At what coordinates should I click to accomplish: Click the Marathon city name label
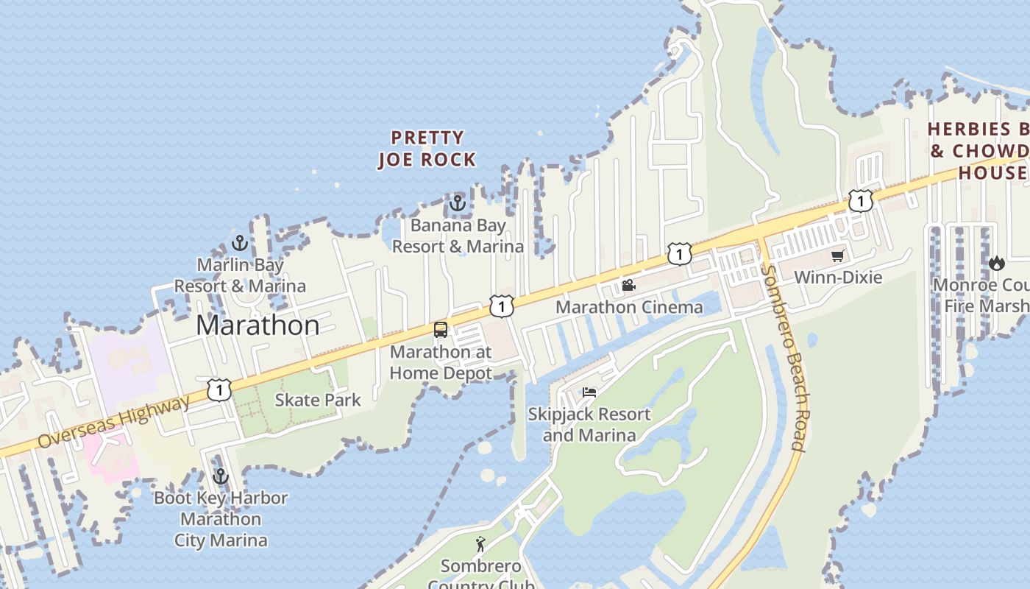tap(257, 325)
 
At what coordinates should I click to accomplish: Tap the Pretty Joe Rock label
tap(427, 149)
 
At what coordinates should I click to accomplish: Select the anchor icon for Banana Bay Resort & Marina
tap(458, 202)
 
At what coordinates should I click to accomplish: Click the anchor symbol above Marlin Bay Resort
tap(239, 242)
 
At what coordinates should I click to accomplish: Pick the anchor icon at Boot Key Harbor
tap(220, 476)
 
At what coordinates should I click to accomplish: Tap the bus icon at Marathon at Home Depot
tap(441, 330)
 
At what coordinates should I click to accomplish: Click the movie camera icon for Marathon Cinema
tap(628, 285)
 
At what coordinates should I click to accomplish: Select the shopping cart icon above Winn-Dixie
tap(837, 256)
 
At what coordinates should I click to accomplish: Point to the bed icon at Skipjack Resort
tap(589, 392)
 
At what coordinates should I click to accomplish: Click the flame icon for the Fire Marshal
tap(996, 263)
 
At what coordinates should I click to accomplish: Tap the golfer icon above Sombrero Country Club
tap(480, 544)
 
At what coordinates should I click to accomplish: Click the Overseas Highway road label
tap(113, 422)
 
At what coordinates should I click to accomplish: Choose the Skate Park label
tap(318, 400)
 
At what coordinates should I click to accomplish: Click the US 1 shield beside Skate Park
tap(219, 389)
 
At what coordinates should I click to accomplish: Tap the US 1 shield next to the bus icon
tap(501, 306)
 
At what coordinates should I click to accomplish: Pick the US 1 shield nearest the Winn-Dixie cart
tap(860, 200)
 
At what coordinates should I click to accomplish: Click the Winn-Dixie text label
tap(838, 278)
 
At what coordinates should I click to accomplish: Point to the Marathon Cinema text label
tap(629, 307)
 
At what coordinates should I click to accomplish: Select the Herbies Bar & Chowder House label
tap(979, 151)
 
